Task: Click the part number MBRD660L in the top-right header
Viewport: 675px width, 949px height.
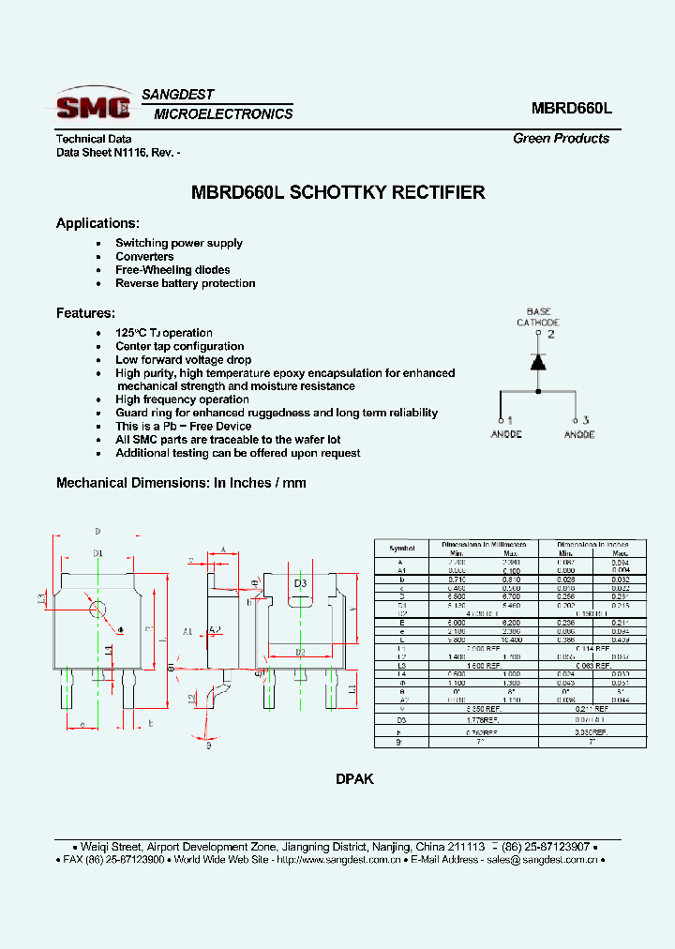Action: coord(571,107)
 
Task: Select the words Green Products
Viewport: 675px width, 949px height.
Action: coord(561,138)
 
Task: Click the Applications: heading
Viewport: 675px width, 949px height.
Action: coord(97,223)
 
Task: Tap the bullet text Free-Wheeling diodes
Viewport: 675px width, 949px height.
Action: coord(172,270)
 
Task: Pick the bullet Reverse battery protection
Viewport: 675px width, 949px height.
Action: coord(185,283)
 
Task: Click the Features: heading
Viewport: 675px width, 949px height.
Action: coord(85,313)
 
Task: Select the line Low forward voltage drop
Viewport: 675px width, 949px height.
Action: coord(183,360)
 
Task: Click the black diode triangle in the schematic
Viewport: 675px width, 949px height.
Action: coord(538,361)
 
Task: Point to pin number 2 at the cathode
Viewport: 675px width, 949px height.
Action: coord(551,334)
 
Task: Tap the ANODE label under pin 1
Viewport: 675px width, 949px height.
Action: coord(506,434)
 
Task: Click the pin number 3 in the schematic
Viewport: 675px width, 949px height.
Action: coord(586,420)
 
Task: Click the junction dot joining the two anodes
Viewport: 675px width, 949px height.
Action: coord(538,391)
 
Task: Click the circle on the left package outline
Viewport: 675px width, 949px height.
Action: coord(97,608)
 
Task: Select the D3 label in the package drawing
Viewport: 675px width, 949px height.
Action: coord(300,584)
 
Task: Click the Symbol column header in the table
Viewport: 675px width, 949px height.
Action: coord(401,548)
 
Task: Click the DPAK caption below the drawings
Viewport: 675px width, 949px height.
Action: coord(354,779)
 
